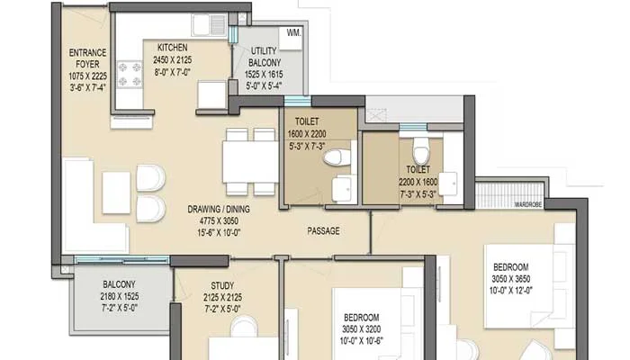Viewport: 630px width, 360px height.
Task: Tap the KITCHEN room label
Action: point(172,47)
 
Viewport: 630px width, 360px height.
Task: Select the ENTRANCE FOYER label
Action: point(88,58)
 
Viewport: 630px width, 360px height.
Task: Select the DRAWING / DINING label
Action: point(219,210)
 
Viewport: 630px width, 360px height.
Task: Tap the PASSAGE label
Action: point(324,231)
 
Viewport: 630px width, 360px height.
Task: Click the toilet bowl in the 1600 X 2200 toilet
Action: point(335,158)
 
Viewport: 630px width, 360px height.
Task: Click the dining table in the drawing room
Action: point(250,161)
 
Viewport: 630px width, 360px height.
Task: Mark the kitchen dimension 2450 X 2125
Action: point(172,58)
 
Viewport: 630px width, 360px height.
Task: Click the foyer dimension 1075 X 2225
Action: point(88,76)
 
